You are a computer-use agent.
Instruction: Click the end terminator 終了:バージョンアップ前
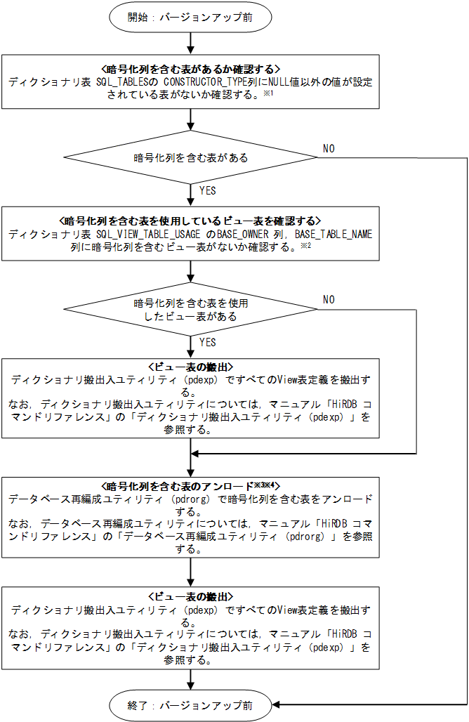coord(190,704)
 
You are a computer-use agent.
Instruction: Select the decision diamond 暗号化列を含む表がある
coord(190,157)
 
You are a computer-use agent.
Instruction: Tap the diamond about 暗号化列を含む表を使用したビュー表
coord(190,310)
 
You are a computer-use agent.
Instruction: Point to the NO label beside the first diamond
coord(329,148)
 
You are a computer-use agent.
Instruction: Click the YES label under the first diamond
coord(209,191)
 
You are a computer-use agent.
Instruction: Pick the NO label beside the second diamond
coord(329,300)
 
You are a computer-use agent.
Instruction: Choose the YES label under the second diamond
coord(209,343)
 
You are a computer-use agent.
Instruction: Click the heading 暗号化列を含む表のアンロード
coord(183,487)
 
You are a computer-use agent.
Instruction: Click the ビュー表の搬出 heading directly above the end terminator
coord(190,596)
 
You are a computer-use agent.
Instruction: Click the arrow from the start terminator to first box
coord(190,44)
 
